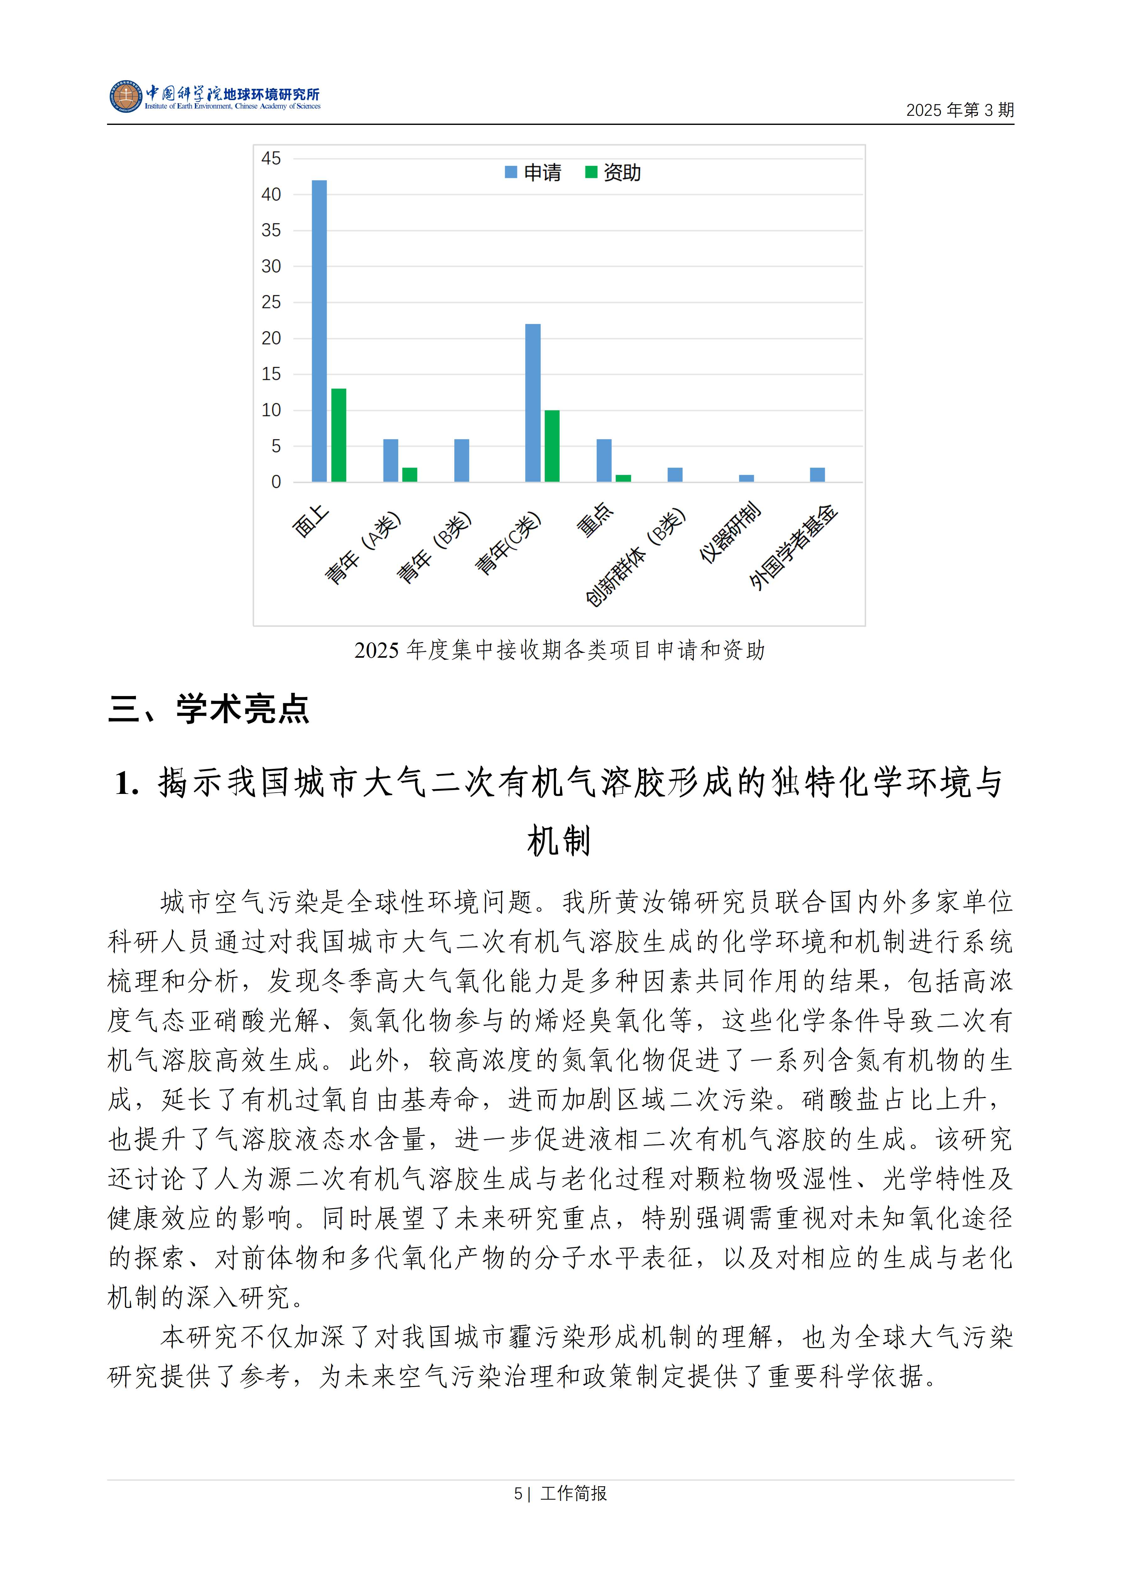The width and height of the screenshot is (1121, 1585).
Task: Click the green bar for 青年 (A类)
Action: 410,475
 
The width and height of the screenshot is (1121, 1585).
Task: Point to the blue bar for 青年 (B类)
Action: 461,460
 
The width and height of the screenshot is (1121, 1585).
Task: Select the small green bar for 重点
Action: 623,479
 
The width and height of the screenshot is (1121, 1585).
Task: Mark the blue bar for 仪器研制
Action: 746,479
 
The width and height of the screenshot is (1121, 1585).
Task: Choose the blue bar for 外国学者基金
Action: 817,475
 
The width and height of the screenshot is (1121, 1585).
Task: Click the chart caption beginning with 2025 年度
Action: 559,650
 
